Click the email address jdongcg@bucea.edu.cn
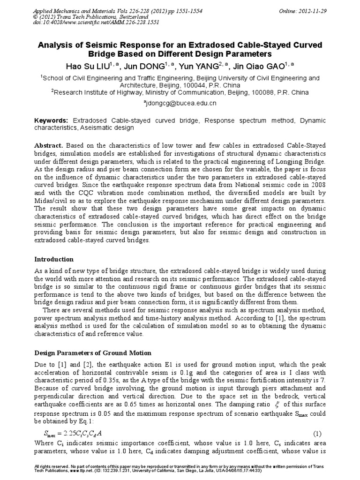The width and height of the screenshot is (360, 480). (180, 103)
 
